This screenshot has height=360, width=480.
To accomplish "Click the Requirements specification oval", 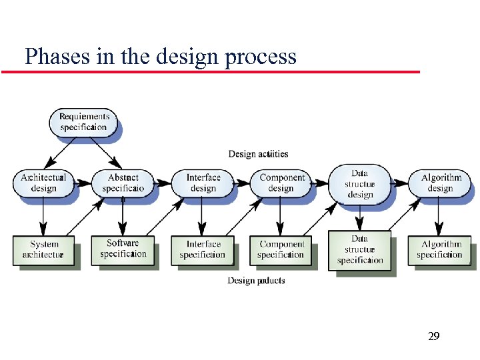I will coord(83,122).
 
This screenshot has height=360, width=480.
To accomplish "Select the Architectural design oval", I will coord(43,183).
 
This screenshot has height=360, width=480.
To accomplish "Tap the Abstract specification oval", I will coord(123,183).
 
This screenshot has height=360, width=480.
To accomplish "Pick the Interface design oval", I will coord(203,183).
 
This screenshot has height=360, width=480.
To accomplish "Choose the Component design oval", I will coord(281,183).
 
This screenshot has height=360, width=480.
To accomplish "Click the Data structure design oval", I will coord(360,184).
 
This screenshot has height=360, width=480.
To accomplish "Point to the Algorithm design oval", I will coord(440,183).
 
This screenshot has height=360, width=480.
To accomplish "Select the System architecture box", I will coord(43,249).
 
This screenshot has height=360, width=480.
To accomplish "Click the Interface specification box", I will coord(203,249).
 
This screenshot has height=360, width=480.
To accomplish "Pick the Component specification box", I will coord(281,249).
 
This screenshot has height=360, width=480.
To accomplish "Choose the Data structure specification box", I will coord(360,249).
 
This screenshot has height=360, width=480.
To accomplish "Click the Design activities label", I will coord(258,154).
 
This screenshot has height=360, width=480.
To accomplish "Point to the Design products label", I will coord(256,281).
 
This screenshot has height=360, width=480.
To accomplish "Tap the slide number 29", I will coord(433,337).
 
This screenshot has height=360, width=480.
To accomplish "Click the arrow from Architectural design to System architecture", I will coord(43,217).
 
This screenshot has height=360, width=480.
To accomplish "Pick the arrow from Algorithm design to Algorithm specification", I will coord(439,217).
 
